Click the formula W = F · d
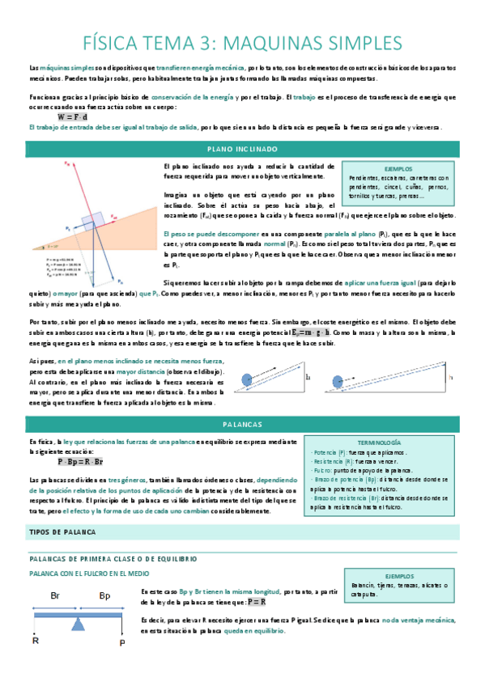(x=74, y=116)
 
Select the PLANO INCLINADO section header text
(x=242, y=150)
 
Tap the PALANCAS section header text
(x=242, y=424)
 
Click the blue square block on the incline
(x=89, y=222)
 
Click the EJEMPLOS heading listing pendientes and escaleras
(x=398, y=169)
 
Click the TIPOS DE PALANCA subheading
(x=62, y=510)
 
